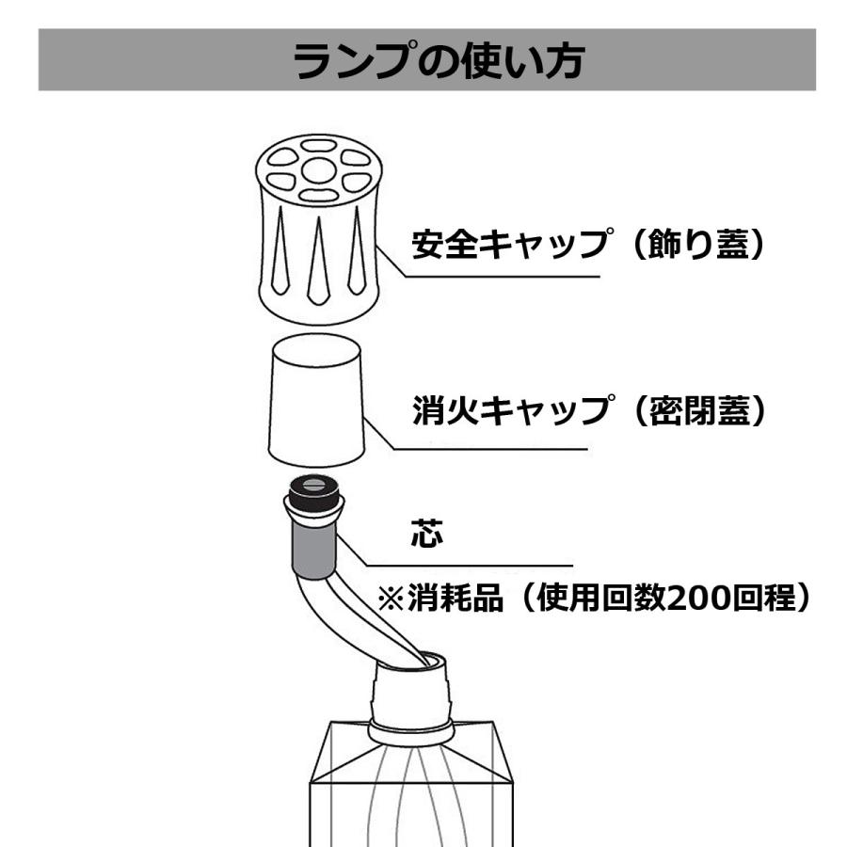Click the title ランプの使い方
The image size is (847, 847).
426,61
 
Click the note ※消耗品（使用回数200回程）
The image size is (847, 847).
593,599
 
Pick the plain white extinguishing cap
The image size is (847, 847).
315,400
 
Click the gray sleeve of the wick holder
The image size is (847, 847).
312,548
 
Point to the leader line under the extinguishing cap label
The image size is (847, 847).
489,448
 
